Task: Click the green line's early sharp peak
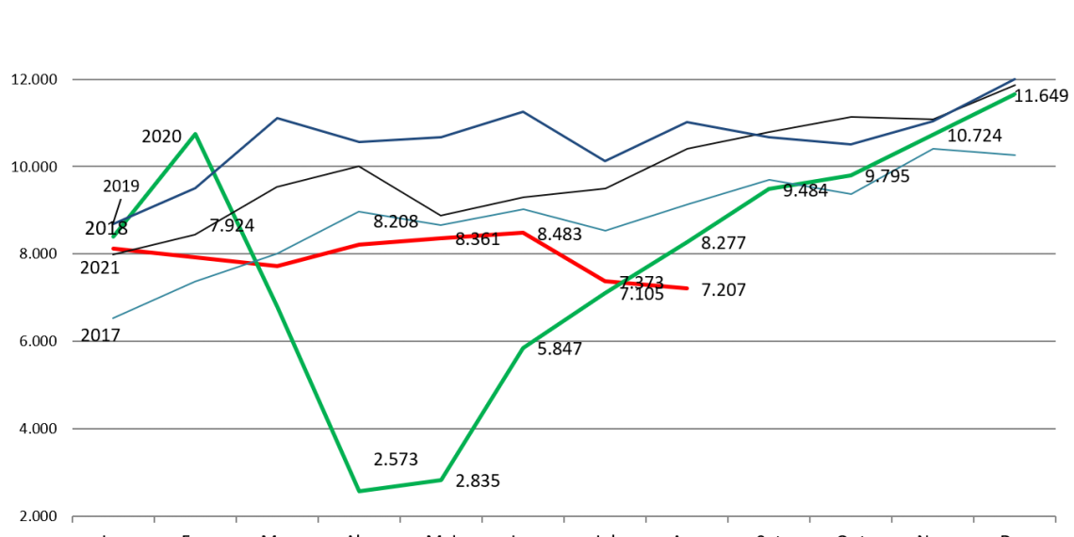pos(195,134)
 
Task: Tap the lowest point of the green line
pos(359,491)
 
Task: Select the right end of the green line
pos(1016,94)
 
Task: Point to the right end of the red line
pos(688,288)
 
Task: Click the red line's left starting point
pos(113,249)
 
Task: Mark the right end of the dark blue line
pos(1016,78)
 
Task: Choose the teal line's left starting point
pos(113,317)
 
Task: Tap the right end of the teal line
pos(1016,155)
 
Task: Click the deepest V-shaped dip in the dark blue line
pos(605,161)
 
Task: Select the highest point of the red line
pos(523,232)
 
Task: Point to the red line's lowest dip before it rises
pos(277,266)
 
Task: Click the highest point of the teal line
pos(933,149)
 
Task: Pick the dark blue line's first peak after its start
pos(277,118)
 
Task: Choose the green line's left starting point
pos(113,236)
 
